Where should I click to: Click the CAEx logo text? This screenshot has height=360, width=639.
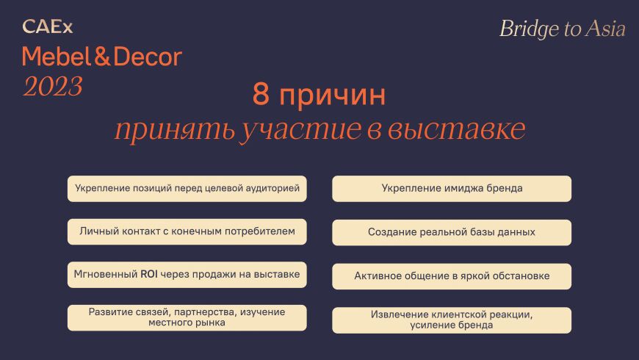[x=48, y=27]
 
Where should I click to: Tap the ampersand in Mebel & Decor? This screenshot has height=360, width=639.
[x=103, y=57]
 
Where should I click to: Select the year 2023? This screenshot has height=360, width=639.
[x=53, y=87]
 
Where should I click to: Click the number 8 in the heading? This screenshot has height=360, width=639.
[x=261, y=93]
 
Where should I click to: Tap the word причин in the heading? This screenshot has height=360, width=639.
[x=333, y=96]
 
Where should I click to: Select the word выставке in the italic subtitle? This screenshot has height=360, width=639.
[x=456, y=129]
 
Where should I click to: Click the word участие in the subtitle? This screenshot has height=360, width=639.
[x=300, y=129]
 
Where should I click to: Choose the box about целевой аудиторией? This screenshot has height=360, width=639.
[x=187, y=188]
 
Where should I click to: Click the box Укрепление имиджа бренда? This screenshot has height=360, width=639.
[x=452, y=188]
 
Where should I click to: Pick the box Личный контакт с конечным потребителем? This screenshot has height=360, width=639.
[x=187, y=231]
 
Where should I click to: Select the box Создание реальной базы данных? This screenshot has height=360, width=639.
[x=452, y=232]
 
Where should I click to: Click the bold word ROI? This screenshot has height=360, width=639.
[x=149, y=274]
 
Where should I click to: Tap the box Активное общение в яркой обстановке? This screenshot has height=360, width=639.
[x=452, y=276]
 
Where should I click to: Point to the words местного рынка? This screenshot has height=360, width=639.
[x=187, y=323]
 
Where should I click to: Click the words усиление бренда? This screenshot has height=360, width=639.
[x=452, y=325]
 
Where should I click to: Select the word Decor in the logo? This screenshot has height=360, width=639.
[x=148, y=57]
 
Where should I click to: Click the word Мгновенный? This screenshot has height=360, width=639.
[x=106, y=274]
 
